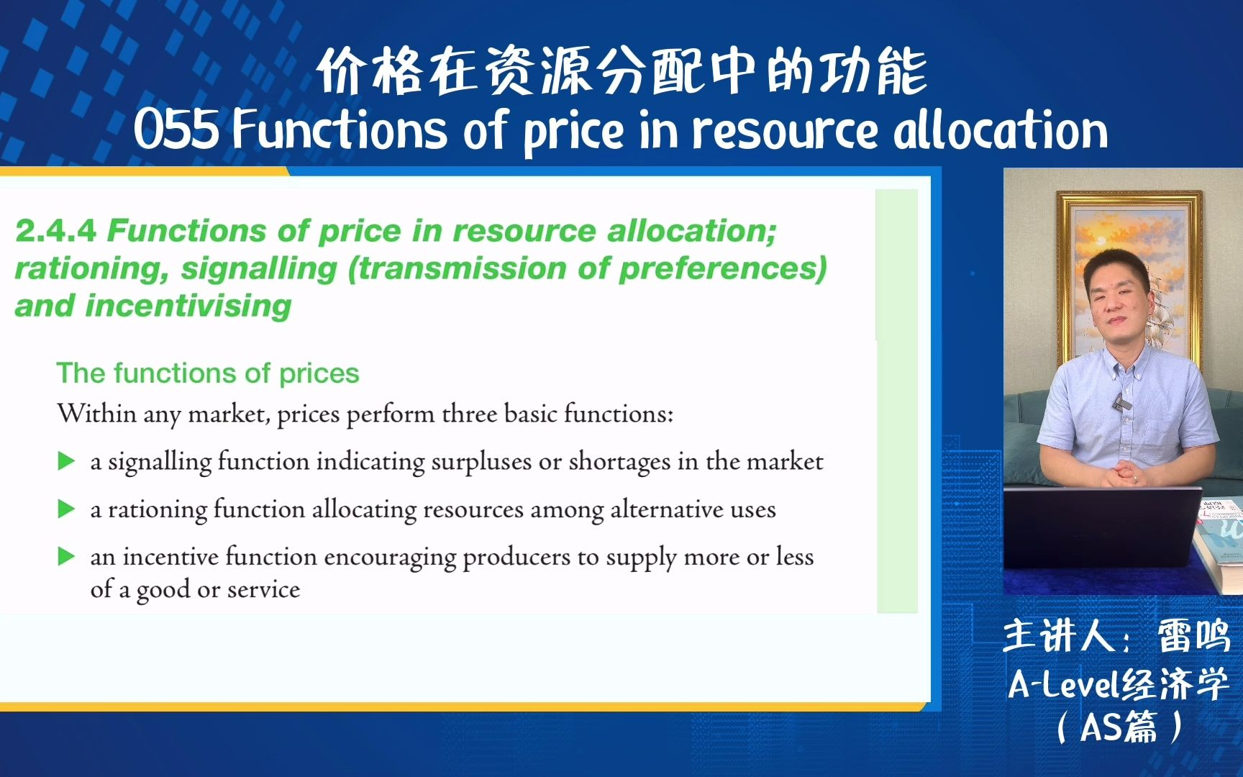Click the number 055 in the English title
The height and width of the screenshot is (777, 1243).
tap(176, 130)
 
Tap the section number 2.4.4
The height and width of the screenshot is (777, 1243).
tap(55, 231)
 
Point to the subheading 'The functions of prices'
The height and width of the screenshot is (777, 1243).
tap(208, 373)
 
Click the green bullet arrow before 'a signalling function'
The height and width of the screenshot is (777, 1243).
tap(66, 461)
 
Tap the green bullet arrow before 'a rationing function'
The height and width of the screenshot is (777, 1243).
tap(66, 509)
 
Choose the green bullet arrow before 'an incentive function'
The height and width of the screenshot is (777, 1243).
tap(66, 556)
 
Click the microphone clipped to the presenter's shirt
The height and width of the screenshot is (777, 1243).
tap(1119, 403)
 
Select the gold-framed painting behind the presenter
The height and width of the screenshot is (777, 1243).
tap(1128, 277)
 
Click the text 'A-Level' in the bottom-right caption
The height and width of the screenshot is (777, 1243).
tap(1064, 685)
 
